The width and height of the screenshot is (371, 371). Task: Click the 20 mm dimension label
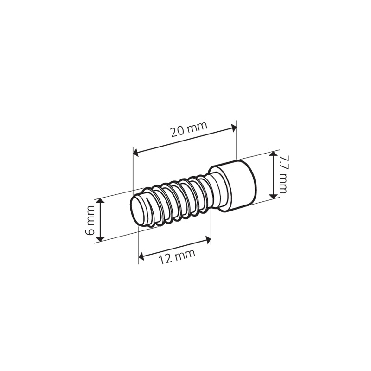[x=189, y=129]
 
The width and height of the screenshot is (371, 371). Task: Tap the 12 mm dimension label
[x=177, y=256]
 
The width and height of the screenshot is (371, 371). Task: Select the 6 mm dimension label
[x=90, y=220]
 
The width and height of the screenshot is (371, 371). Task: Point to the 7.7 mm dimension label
[x=283, y=174]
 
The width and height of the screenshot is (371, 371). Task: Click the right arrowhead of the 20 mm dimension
[x=234, y=128]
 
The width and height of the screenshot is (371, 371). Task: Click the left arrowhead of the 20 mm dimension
[x=136, y=153]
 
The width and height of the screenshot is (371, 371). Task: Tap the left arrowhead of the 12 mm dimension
[x=141, y=256]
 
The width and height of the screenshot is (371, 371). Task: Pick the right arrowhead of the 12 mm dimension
[x=208, y=240]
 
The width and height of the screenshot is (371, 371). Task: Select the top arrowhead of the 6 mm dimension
[x=101, y=201]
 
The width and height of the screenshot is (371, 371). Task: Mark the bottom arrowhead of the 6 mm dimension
[x=101, y=239]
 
